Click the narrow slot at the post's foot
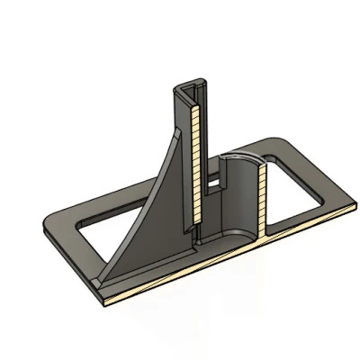[193, 235]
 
